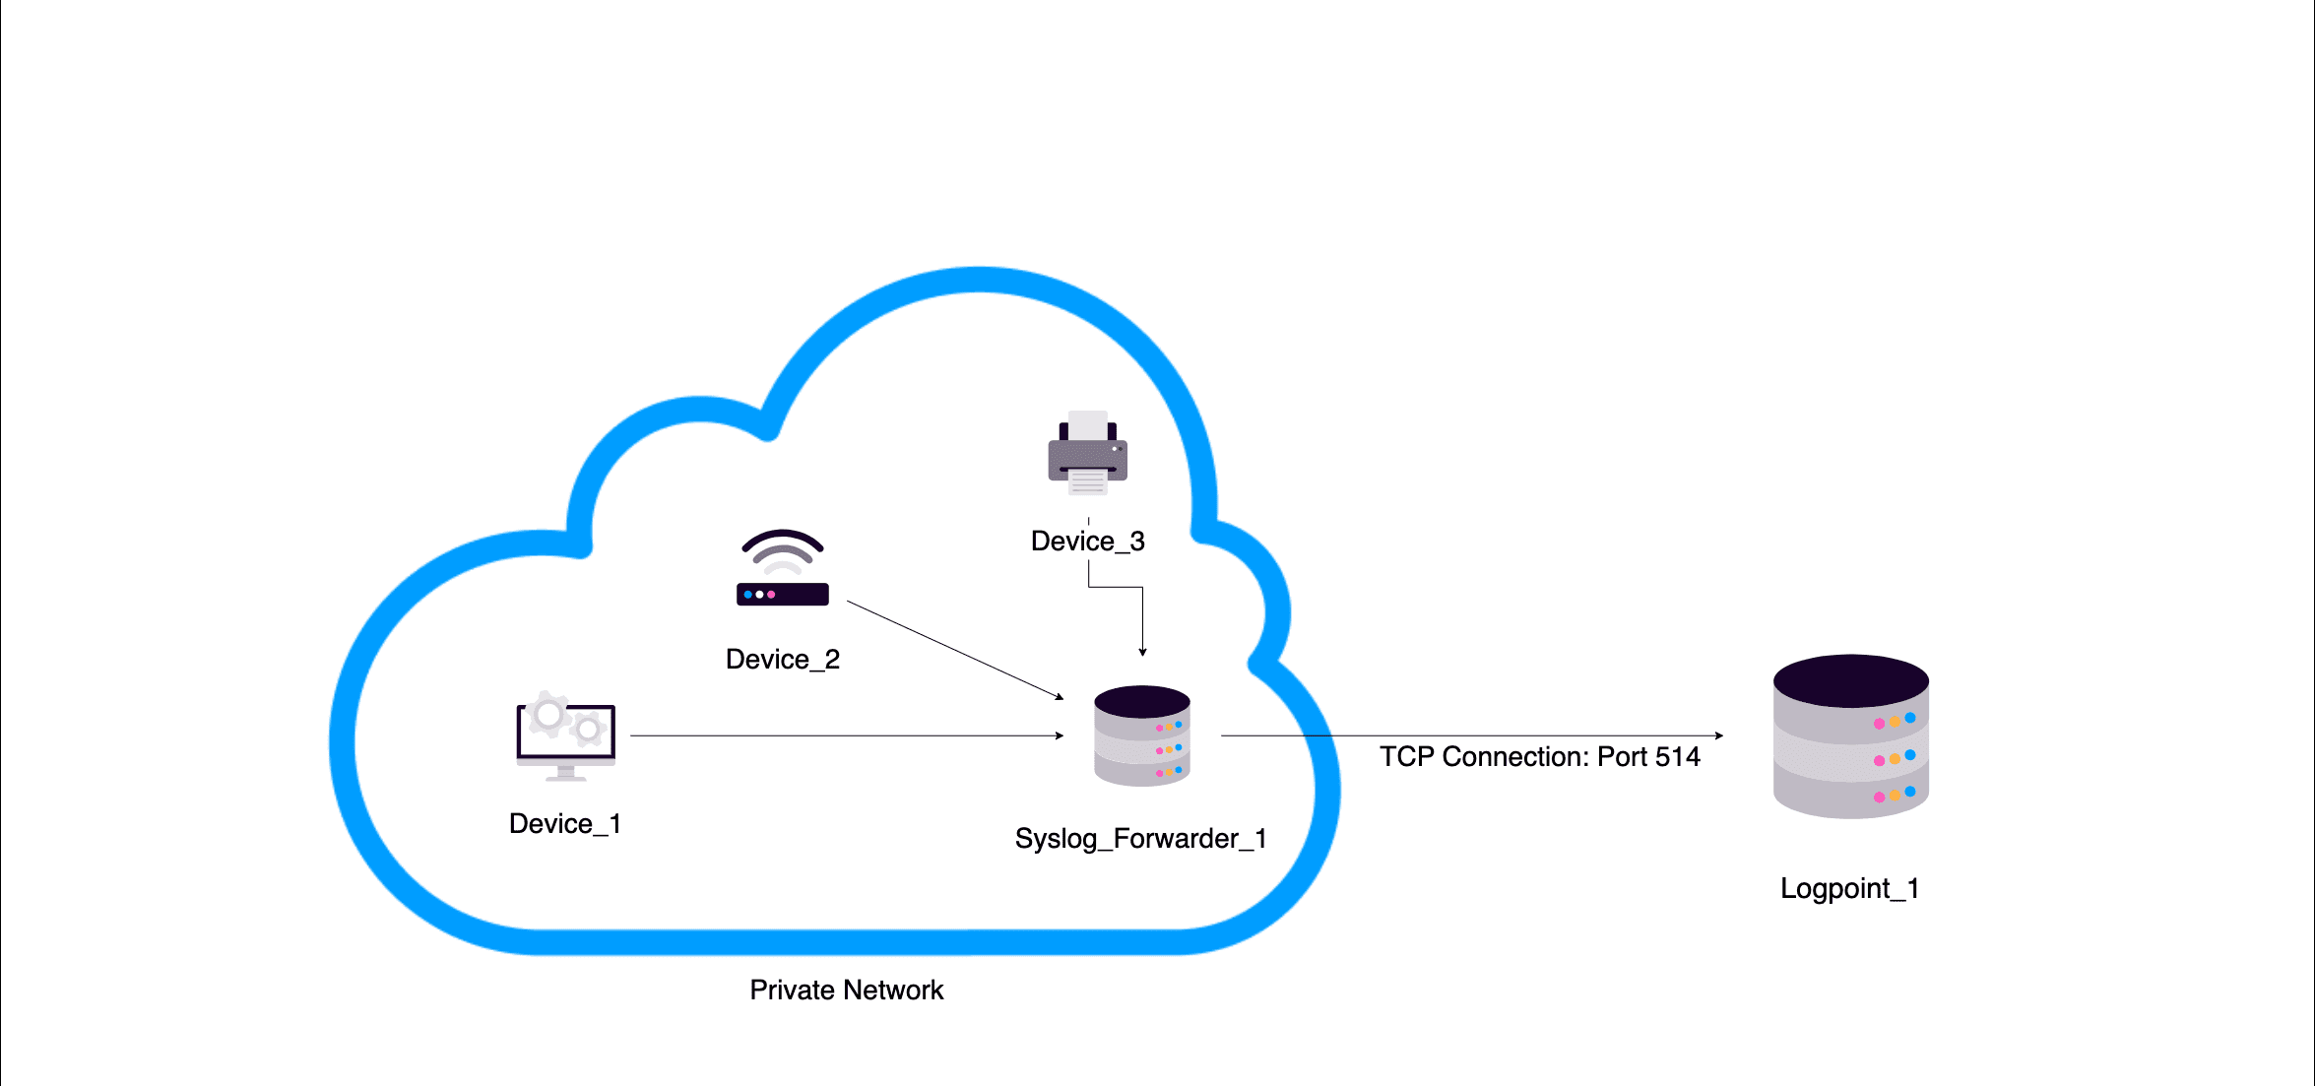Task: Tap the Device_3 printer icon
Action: tap(1087, 454)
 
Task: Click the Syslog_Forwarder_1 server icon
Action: tap(1142, 736)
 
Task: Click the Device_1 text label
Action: tap(564, 824)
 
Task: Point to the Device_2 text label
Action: tap(782, 660)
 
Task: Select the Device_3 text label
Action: tap(1087, 542)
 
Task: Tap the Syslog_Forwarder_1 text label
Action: tap(1140, 839)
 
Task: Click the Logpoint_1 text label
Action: tap(1849, 889)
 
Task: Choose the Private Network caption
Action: tap(846, 990)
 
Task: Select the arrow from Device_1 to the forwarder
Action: tap(847, 735)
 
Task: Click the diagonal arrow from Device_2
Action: tap(955, 650)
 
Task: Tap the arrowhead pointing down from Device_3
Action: tap(1142, 651)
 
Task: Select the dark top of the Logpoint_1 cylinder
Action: tap(1850, 680)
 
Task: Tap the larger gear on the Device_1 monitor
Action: tap(547, 715)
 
